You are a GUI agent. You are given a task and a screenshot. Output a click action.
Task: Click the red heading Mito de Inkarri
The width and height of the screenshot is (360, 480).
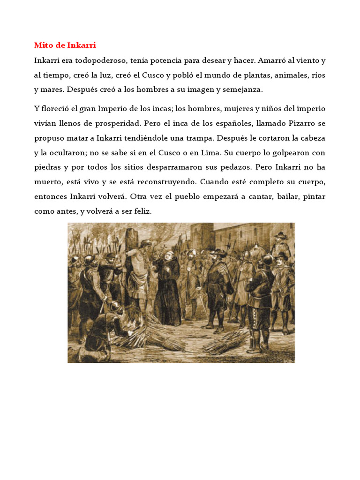click(65, 45)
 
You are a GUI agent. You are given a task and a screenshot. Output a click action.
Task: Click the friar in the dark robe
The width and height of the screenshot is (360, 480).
click(167, 286)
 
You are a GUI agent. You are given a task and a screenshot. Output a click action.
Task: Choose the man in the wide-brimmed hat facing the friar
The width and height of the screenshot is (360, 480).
click(217, 286)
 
